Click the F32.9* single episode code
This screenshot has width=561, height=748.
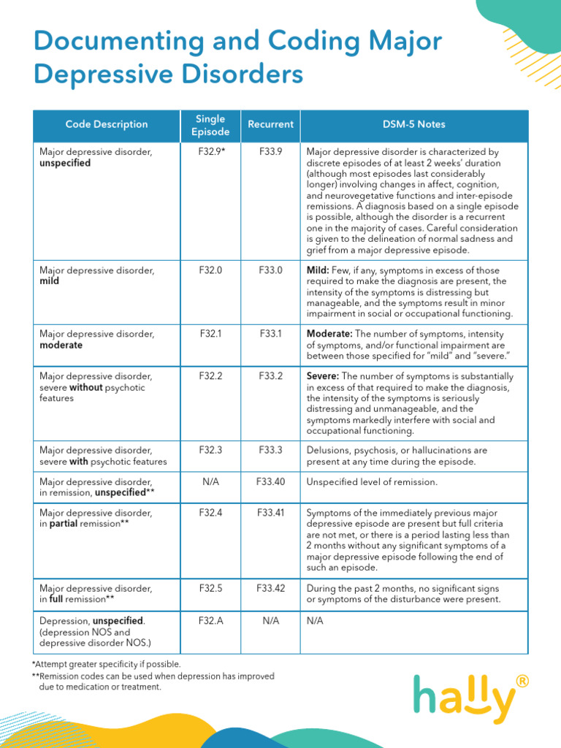pyautogui.click(x=211, y=152)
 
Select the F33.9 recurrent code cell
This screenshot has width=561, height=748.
pyautogui.click(x=270, y=152)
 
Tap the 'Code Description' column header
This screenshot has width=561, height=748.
pyautogui.click(x=107, y=124)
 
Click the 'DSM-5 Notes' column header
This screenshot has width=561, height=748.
pyautogui.click(x=413, y=124)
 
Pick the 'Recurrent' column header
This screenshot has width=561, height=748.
pyautogui.click(x=270, y=124)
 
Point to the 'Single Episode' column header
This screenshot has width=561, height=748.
pyautogui.click(x=210, y=125)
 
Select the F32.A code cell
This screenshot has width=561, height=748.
pyautogui.click(x=210, y=620)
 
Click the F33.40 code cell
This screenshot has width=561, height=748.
pyautogui.click(x=270, y=482)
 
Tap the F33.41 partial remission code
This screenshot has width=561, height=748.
pyautogui.click(x=270, y=513)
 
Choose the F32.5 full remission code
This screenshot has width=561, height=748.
pyautogui.click(x=210, y=588)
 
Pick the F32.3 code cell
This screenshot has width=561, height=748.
pyautogui.click(x=210, y=451)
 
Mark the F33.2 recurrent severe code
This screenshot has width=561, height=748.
pyautogui.click(x=270, y=376)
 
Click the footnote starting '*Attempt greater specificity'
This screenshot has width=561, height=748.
pyautogui.click(x=106, y=664)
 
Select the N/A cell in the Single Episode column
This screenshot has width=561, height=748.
pyautogui.click(x=210, y=482)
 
